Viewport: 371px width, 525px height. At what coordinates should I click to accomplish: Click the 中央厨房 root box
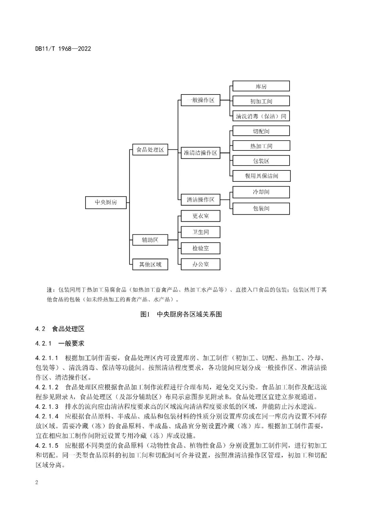pyautogui.click(x=106, y=202)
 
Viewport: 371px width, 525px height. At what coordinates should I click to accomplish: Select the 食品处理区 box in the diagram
pyautogui.click(x=150, y=150)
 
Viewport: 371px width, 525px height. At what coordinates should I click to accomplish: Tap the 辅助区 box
pyautogui.click(x=150, y=240)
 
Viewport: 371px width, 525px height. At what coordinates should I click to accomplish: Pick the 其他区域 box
pyautogui.click(x=150, y=264)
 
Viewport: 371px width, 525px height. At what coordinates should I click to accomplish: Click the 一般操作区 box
pyautogui.click(x=201, y=100)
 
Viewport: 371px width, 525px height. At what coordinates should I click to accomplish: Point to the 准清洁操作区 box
pyautogui.click(x=201, y=153)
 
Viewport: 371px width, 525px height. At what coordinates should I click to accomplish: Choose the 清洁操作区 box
pyautogui.click(x=201, y=200)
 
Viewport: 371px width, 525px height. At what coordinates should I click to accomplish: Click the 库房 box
pyautogui.click(x=261, y=86)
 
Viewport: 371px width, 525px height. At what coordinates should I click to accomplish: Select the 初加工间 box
pyautogui.click(x=261, y=101)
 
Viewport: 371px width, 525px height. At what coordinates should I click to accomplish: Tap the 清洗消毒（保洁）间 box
pyautogui.click(x=261, y=116)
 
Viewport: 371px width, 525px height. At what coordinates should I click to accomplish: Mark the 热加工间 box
pyautogui.click(x=261, y=146)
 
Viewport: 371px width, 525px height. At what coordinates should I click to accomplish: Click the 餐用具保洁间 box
pyautogui.click(x=261, y=176)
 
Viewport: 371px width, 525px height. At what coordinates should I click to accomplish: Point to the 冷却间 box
pyautogui.click(x=261, y=192)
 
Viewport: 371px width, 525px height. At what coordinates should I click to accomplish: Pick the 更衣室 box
pyautogui.click(x=201, y=216)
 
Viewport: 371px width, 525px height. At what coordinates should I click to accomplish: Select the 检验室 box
pyautogui.click(x=201, y=248)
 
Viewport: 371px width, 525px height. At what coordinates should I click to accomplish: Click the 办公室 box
pyautogui.click(x=201, y=264)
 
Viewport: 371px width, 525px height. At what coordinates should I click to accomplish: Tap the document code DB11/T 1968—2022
pyautogui.click(x=63, y=49)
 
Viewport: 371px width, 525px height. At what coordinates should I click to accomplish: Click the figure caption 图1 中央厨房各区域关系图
pyautogui.click(x=181, y=314)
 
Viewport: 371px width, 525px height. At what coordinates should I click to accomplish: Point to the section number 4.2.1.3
pyautogui.click(x=47, y=407)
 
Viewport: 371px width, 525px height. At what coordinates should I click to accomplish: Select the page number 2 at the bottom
pyautogui.click(x=37, y=482)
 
